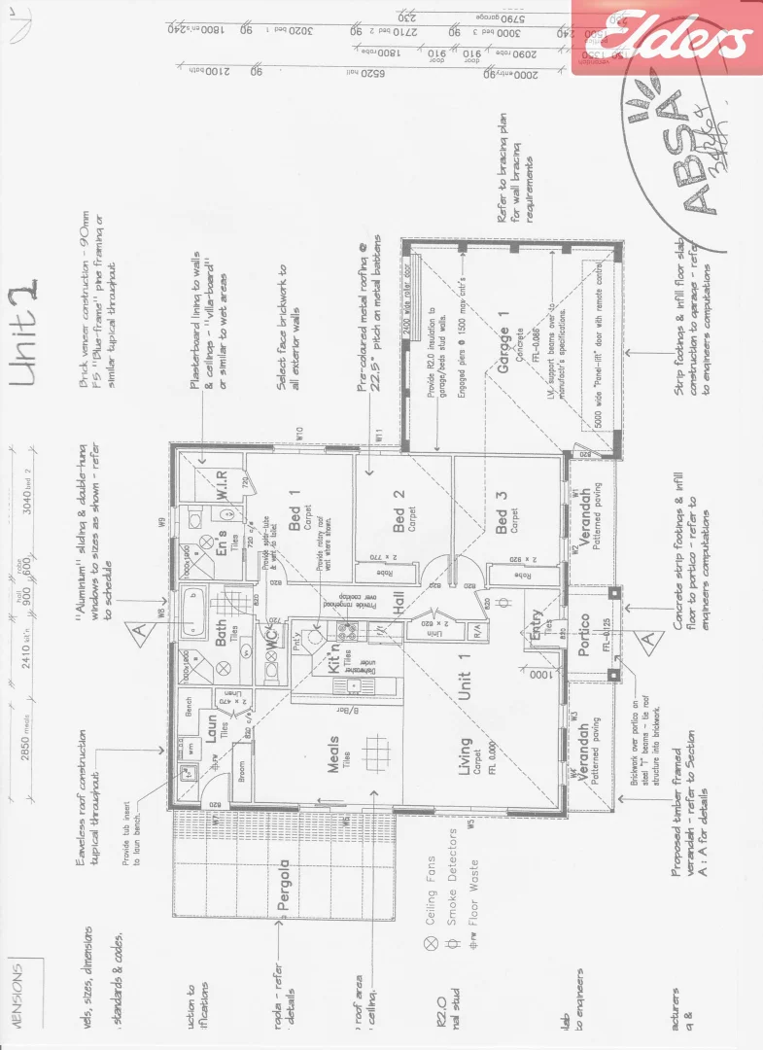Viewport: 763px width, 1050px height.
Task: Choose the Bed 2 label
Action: [x=399, y=514]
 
